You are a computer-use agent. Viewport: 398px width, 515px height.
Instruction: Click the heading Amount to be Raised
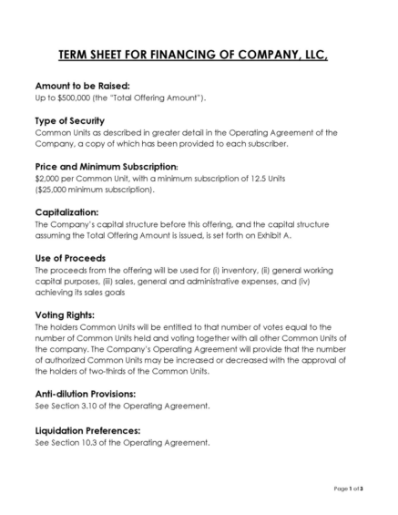tap(77, 84)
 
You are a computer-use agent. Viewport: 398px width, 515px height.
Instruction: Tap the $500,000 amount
tap(67, 97)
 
